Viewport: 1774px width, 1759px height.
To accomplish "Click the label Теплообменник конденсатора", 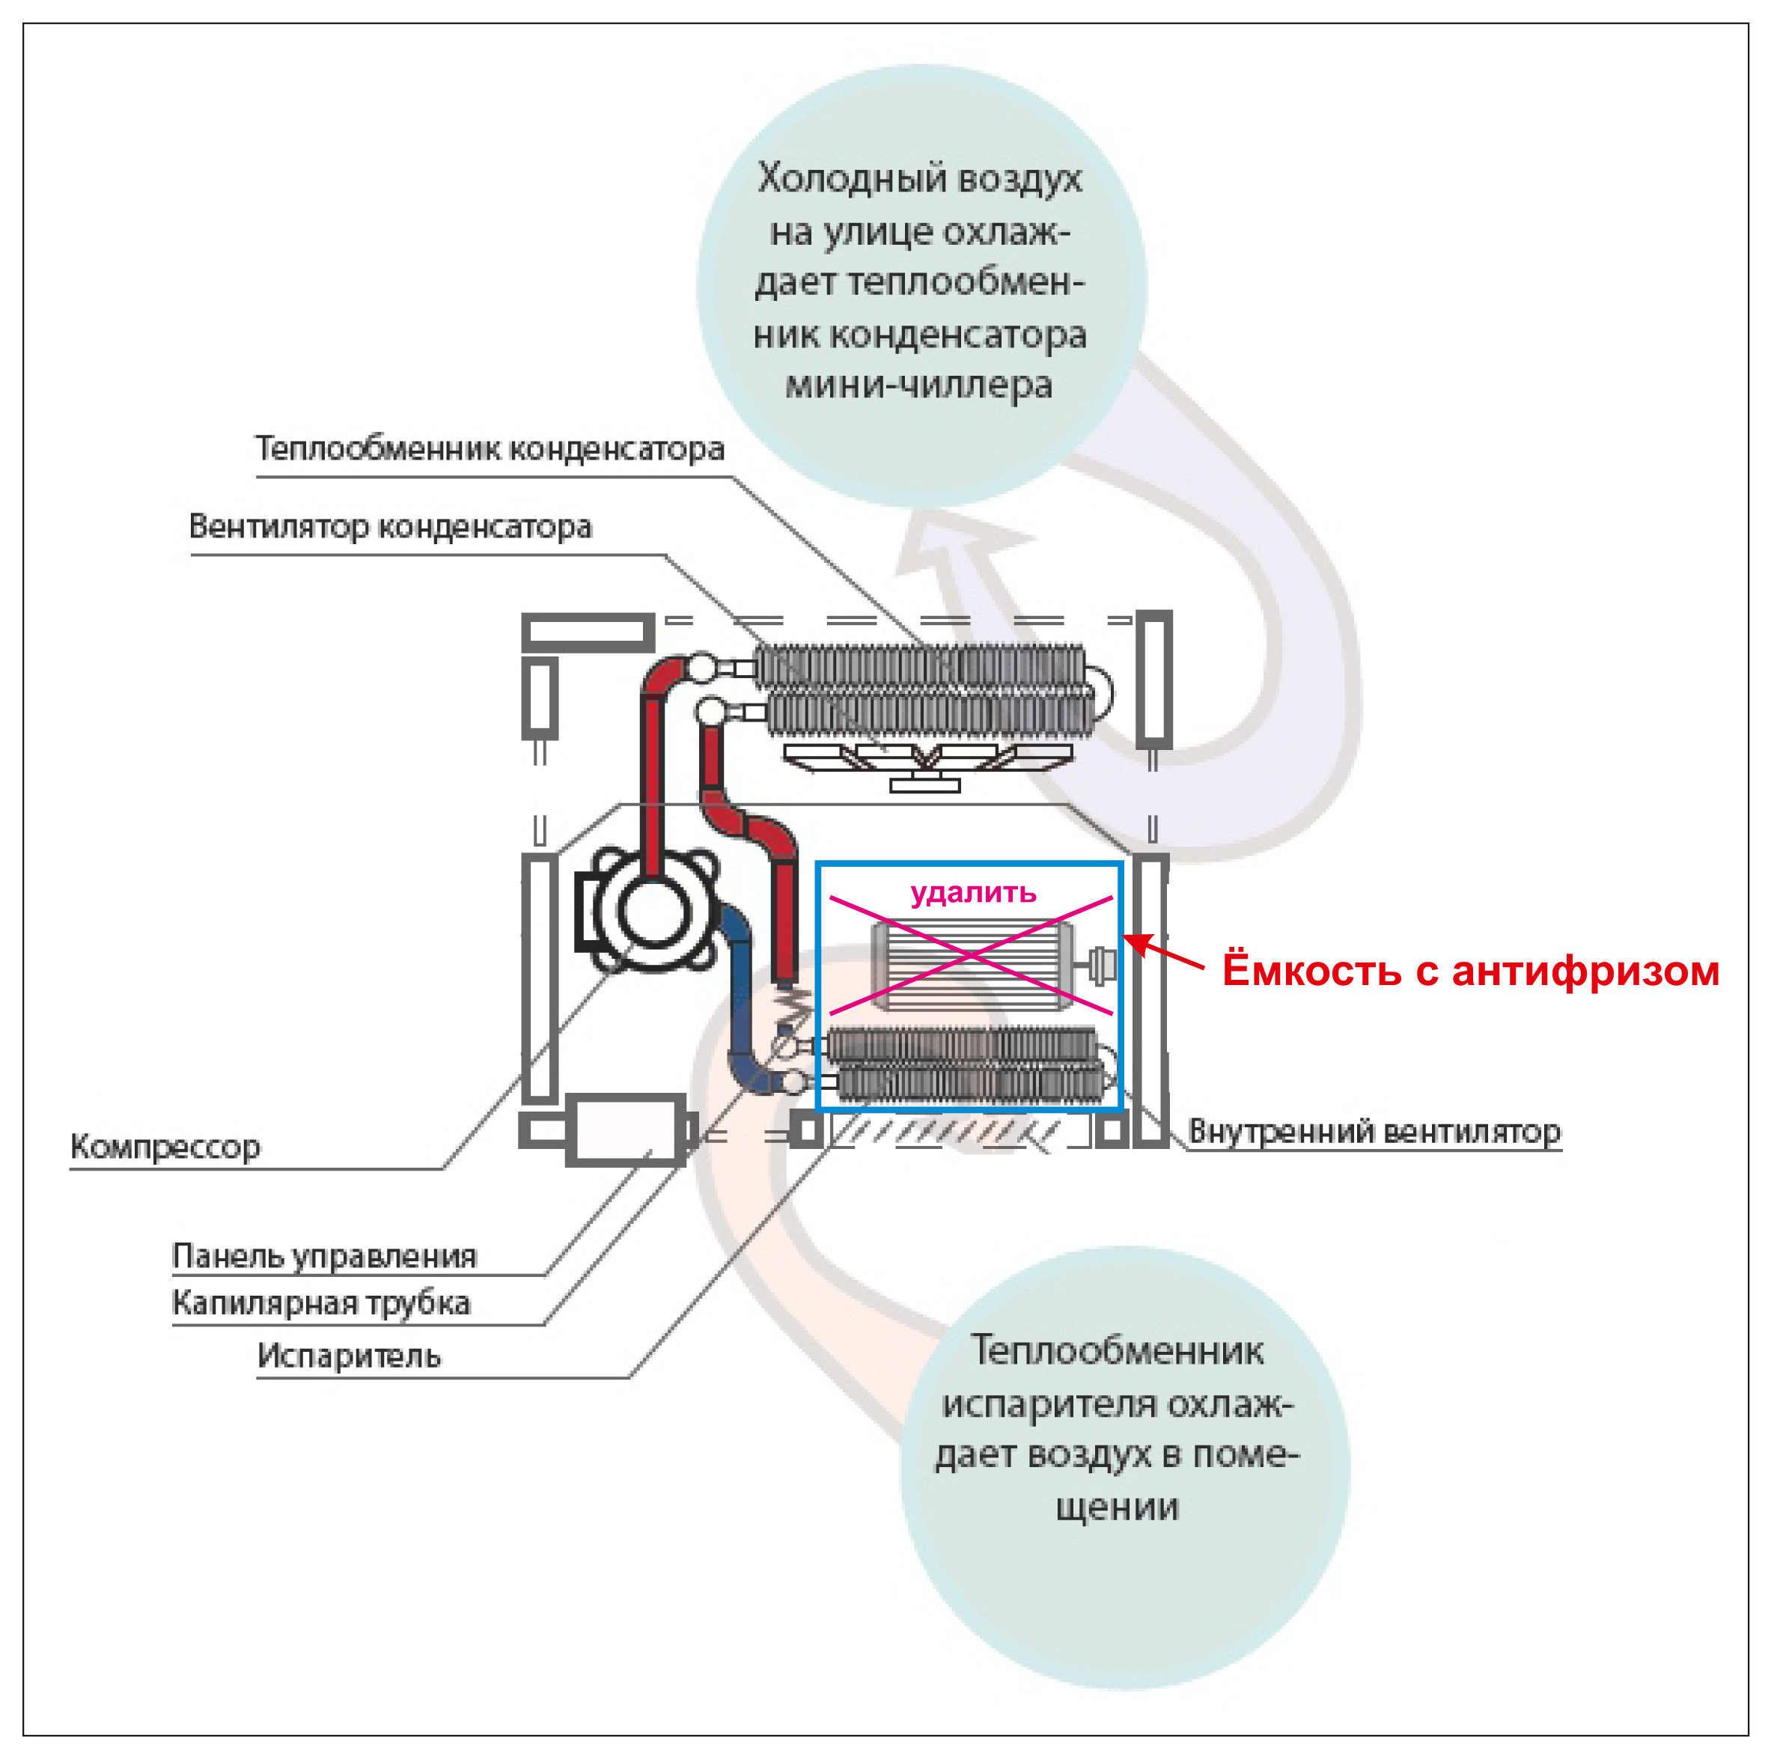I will [490, 449].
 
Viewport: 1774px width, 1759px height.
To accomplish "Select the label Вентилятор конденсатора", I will [390, 527].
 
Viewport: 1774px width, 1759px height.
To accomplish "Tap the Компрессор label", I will [165, 1147].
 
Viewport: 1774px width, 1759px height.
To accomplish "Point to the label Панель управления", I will [324, 1256].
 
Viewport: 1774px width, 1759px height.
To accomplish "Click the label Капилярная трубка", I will [320, 1302].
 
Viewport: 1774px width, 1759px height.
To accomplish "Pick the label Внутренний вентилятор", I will [1374, 1132].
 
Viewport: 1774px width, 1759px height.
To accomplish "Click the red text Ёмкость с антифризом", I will [1470, 970].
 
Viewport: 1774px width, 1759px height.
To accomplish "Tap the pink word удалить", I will [972, 892].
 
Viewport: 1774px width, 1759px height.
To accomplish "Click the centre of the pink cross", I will [971, 956].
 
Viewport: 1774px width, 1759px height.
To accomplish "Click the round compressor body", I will [653, 911].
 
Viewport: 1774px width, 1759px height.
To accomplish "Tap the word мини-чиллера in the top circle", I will [918, 385].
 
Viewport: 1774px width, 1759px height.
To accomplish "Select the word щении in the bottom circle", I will [1117, 1507].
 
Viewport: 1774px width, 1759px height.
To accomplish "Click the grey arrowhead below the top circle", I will [955, 542].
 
